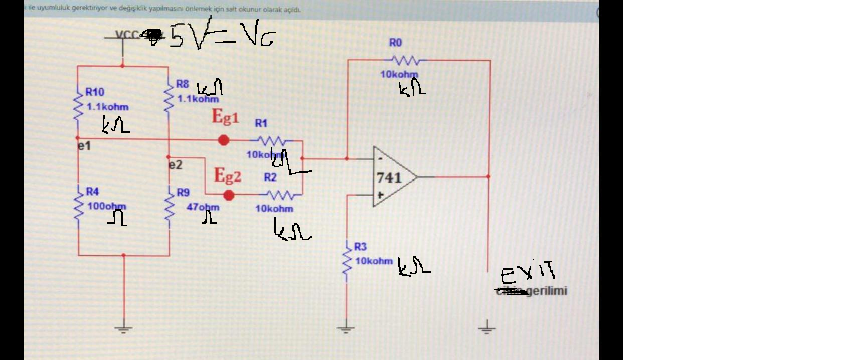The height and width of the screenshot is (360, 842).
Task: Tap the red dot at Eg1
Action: click(224, 140)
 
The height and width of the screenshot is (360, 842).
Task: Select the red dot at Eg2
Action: click(229, 195)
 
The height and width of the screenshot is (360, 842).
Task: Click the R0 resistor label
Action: click(395, 43)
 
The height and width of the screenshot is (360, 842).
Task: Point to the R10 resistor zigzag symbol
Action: click(78, 106)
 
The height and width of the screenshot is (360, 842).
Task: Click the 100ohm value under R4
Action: click(106, 206)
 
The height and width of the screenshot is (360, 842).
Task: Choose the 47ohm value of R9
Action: click(203, 207)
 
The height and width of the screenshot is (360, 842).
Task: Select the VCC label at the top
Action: click(127, 35)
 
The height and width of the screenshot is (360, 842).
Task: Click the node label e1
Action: click(84, 146)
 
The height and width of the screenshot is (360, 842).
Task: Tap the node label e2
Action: click(175, 165)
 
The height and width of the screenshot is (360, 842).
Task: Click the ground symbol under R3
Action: click(346, 329)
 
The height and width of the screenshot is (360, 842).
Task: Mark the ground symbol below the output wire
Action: click(486, 329)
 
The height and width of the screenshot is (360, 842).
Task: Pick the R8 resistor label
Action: click(182, 84)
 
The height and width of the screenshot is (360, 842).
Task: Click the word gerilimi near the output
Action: click(547, 291)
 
